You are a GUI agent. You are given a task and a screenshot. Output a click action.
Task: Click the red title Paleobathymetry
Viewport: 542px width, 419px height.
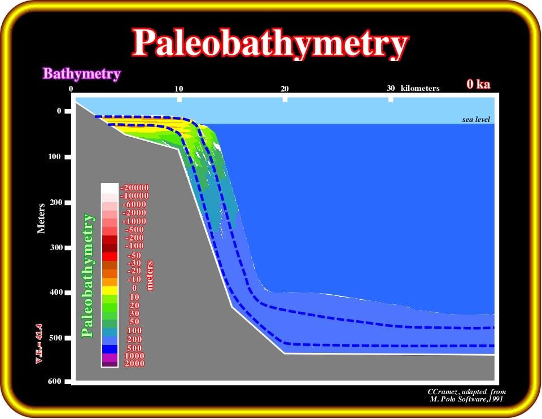(270, 43)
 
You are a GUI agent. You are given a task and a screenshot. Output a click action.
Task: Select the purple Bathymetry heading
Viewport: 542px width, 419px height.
(81, 73)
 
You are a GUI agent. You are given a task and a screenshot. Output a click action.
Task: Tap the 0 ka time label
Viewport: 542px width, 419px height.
(478, 84)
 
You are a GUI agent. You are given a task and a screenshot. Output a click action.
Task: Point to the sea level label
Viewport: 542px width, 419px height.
(476, 119)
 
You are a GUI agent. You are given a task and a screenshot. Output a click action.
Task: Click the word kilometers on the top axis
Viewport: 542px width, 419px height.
(420, 88)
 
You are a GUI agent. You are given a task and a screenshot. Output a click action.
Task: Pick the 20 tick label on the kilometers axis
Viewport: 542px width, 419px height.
(285, 89)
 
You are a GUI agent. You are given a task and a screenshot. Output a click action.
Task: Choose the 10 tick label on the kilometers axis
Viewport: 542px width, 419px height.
(179, 89)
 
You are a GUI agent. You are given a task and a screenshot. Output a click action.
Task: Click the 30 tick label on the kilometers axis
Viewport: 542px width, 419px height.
(391, 88)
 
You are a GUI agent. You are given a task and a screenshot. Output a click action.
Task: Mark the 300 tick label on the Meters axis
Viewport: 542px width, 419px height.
(56, 247)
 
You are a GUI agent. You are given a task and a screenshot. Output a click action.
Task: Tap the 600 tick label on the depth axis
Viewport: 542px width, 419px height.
(55, 381)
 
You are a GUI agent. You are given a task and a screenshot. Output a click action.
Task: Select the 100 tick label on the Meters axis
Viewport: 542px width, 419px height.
(54, 156)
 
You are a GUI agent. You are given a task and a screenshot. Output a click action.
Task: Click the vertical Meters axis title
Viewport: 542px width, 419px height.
(41, 218)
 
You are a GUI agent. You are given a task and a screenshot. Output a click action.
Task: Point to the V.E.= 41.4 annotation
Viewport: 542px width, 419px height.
(39, 344)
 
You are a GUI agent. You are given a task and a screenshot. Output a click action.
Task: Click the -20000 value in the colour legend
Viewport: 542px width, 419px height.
(134, 187)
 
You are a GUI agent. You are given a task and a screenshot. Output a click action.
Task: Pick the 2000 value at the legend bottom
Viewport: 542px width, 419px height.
(134, 363)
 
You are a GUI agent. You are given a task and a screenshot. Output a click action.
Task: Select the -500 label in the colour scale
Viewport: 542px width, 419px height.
(134, 230)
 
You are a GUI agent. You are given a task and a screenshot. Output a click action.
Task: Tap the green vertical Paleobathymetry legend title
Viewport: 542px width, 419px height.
(88, 275)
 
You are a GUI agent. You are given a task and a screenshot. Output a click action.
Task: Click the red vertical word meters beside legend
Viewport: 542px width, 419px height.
(150, 275)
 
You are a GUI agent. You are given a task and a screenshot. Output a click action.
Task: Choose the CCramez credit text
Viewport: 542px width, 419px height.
(467, 395)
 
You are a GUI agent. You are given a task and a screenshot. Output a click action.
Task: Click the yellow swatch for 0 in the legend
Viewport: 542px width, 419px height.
(110, 290)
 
